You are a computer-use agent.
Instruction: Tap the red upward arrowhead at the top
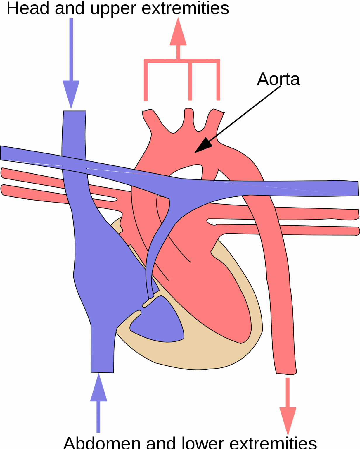[x=178, y=34]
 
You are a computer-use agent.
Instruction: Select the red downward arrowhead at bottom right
[x=288, y=419]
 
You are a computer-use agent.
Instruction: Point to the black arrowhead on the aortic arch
[x=204, y=146]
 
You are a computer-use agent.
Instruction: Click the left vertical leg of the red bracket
[x=146, y=82]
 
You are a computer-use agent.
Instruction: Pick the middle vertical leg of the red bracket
[x=190, y=82]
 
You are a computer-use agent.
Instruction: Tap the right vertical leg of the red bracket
[x=218, y=82]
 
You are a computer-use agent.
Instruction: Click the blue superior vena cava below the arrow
[x=74, y=132]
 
